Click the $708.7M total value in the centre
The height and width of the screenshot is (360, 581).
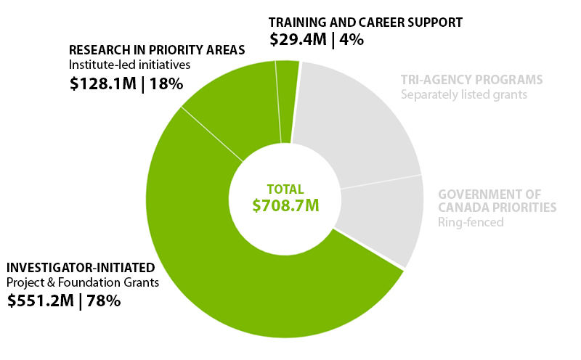[x=285, y=205]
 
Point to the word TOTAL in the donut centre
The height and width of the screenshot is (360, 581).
[x=285, y=189]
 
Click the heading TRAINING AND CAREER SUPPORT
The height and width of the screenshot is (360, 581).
[x=365, y=22]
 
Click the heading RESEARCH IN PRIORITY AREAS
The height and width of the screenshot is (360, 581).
[x=156, y=50]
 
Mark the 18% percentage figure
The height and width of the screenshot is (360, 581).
[x=166, y=83]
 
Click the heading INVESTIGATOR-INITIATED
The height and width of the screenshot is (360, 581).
[x=81, y=267]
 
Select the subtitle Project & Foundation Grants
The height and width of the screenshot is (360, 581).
[x=83, y=282]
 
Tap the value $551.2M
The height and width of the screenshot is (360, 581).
[x=41, y=300]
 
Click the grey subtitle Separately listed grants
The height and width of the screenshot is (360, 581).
[x=464, y=94]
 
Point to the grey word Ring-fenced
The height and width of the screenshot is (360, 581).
[x=470, y=222]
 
